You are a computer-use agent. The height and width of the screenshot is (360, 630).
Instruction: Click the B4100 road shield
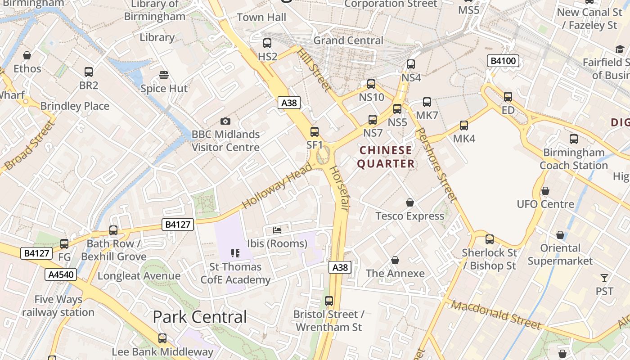pos(503,61)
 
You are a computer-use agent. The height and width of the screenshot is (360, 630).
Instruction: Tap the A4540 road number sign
pos(61,274)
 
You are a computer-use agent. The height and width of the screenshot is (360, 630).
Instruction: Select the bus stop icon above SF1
pos(315,132)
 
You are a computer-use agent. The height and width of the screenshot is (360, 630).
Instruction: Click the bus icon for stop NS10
pos(371,84)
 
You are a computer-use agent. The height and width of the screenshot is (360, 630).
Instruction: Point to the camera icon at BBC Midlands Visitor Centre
pos(225,121)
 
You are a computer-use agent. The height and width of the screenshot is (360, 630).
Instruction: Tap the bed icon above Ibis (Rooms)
pos(277,230)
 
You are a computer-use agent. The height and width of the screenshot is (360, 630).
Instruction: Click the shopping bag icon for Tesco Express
pos(409,202)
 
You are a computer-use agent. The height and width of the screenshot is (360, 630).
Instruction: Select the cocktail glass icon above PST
pos(604,278)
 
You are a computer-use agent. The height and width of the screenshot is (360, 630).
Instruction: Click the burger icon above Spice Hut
pos(164,75)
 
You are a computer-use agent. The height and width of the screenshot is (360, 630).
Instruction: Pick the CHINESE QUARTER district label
pos(386,157)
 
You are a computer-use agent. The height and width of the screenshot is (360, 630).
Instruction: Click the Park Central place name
pos(200,317)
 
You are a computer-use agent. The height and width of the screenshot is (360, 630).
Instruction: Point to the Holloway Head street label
pos(277,185)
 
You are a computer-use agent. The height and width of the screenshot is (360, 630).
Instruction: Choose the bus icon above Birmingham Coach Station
pos(574,139)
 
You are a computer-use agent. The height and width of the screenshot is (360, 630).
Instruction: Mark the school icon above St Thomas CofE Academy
pos(235,253)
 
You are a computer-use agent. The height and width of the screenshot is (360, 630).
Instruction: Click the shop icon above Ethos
pos(27,55)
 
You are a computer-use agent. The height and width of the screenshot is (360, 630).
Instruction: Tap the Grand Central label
pos(348,40)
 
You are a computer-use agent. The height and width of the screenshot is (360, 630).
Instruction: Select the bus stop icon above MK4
pos(464,126)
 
